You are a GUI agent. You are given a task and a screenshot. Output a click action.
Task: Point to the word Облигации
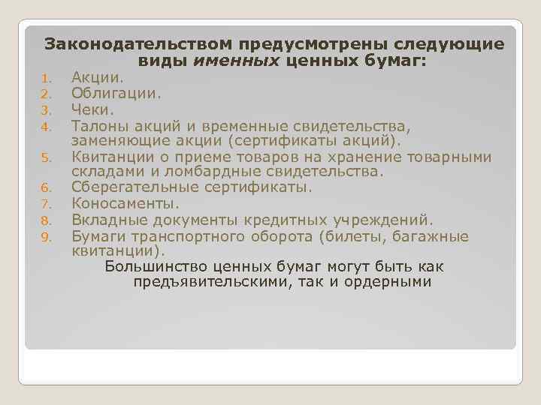(116, 93)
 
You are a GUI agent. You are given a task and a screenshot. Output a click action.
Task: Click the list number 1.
(45, 79)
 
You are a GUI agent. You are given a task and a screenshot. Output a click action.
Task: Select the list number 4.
(45, 126)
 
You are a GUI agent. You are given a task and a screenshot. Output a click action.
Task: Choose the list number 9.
(45, 238)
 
